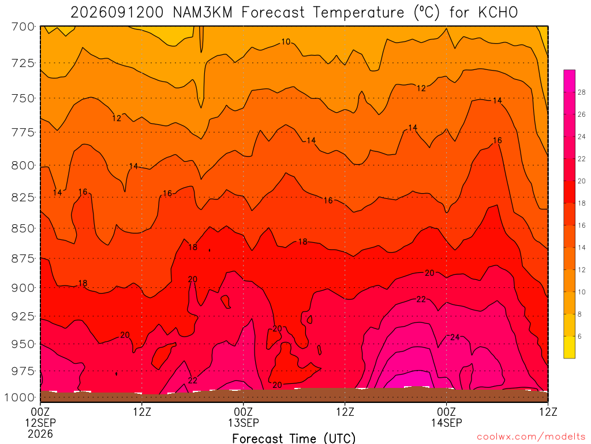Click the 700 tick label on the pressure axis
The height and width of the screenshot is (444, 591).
tap(23, 27)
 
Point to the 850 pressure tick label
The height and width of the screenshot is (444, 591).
tap(23, 229)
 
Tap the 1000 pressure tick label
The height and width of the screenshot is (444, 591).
tap(20, 398)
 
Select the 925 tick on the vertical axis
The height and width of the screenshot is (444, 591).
tap(23, 316)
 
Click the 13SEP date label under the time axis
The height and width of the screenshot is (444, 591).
tap(244, 423)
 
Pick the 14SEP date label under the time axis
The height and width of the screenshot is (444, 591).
tap(447, 423)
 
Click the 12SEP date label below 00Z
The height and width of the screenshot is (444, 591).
tap(40, 423)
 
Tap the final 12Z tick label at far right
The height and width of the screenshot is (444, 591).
tap(548, 412)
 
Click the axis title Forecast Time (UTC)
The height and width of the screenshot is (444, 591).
tap(294, 438)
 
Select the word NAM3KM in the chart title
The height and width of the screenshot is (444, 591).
tap(203, 13)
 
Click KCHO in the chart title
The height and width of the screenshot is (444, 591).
tap(498, 13)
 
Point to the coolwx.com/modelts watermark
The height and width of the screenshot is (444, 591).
tap(531, 437)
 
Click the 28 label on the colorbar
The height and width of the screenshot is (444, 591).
tap(582, 92)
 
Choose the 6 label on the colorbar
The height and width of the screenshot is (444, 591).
tap(579, 336)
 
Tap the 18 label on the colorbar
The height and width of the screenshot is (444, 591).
tap(582, 203)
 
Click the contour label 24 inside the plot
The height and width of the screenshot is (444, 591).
tap(455, 337)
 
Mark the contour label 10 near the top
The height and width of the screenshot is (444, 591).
tap(286, 42)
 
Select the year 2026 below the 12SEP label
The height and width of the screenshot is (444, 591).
tap(40, 434)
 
